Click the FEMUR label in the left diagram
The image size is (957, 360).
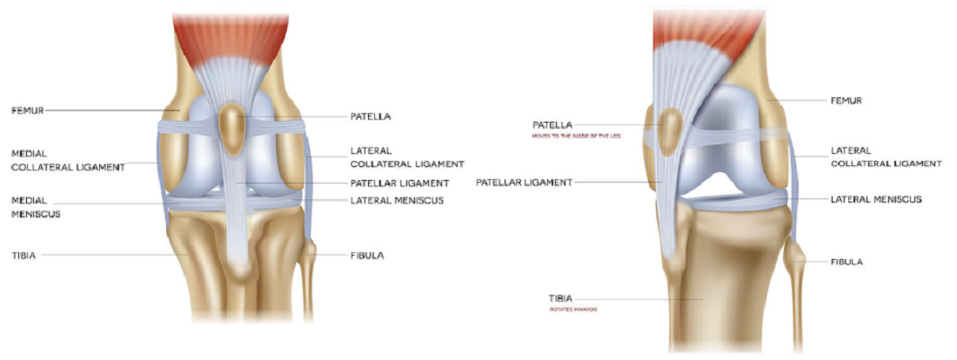click(x=28, y=110)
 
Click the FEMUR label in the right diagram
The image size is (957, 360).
click(x=846, y=101)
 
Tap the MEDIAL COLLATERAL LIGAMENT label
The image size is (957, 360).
click(x=67, y=159)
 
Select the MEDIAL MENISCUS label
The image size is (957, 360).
click(x=36, y=206)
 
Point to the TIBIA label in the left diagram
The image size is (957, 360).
click(x=23, y=255)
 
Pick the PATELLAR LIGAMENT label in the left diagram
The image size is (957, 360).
click(x=398, y=183)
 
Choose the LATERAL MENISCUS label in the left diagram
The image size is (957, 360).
click(x=397, y=201)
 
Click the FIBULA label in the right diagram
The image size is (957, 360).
click(x=847, y=262)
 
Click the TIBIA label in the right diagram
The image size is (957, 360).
click(x=560, y=298)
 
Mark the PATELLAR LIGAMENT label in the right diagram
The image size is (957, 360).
click(x=524, y=183)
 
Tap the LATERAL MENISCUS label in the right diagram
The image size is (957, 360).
click(x=874, y=199)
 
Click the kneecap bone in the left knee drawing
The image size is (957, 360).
click(x=231, y=125)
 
